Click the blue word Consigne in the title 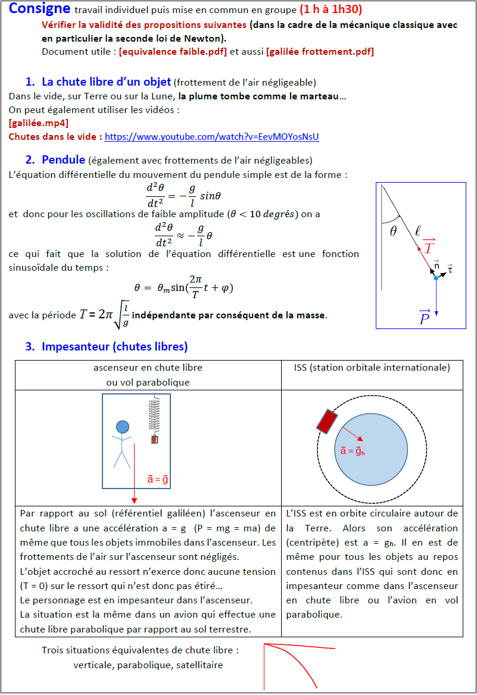(39, 9)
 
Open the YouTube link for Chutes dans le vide (211, 137)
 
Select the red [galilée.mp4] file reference (39, 123)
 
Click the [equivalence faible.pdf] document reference (173, 51)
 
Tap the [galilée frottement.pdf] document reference (320, 51)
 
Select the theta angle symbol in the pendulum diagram (393, 232)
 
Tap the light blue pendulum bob (437, 278)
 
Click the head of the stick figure (123, 426)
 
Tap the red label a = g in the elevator (158, 479)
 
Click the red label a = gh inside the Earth (353, 450)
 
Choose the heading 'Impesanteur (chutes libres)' (114, 346)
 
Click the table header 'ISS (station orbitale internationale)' (372, 368)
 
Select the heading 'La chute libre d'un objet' (106, 82)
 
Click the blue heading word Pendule (63, 159)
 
